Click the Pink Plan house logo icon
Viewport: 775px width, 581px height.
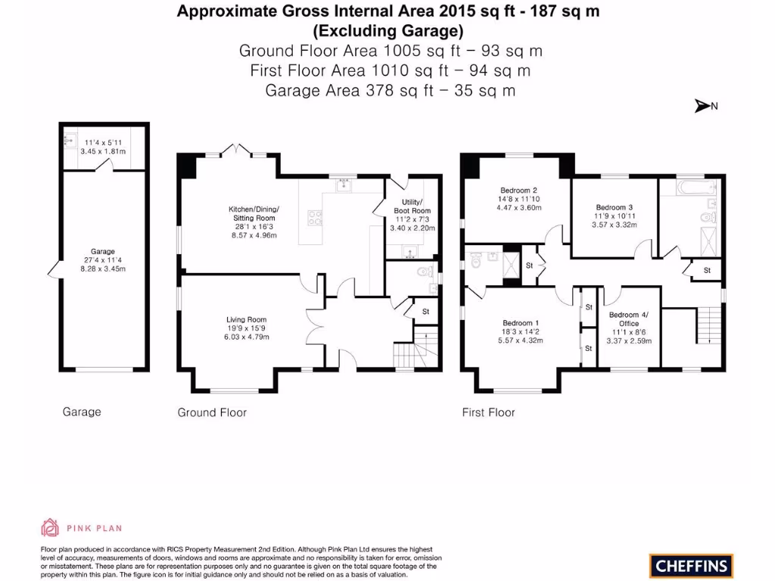(50, 527)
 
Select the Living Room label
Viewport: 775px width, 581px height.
(247, 319)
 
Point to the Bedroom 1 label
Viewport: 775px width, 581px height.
(520, 322)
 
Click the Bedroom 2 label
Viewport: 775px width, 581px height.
(518, 190)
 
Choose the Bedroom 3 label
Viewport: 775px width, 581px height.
(614, 207)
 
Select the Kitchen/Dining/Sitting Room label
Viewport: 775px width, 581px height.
(254, 213)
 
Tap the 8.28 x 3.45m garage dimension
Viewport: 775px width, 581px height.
(103, 269)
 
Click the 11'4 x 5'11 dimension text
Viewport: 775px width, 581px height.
(103, 141)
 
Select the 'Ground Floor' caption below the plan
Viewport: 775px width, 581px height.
(212, 412)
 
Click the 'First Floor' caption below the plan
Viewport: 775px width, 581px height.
(488, 412)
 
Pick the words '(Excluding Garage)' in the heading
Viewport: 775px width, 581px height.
(388, 31)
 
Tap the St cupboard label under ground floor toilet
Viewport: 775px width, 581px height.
(425, 311)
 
